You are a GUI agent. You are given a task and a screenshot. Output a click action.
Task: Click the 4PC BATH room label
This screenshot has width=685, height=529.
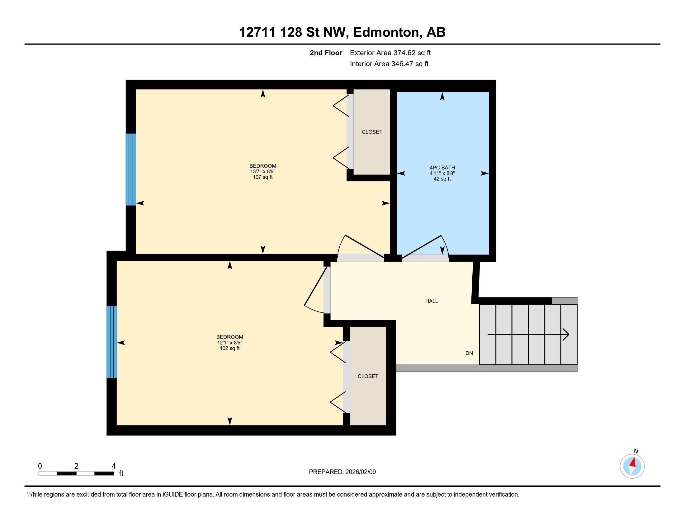tap(442, 168)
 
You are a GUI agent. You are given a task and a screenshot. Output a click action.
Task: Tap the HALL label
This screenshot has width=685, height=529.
tap(432, 301)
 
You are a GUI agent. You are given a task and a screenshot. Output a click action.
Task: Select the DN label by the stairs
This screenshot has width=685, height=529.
tap(469, 353)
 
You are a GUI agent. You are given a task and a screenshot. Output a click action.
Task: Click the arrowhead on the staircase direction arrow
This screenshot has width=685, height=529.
tap(566, 335)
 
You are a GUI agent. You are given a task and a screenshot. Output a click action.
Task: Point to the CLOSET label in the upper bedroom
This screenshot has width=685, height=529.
tap(372, 132)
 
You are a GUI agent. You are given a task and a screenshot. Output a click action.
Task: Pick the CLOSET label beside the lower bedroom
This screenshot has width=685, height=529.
tap(368, 376)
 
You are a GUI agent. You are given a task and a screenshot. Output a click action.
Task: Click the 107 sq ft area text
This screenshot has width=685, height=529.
tap(263, 177)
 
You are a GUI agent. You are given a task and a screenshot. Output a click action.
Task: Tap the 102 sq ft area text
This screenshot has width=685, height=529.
tap(229, 348)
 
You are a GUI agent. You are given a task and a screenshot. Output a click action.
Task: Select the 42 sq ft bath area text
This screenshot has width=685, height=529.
tap(442, 179)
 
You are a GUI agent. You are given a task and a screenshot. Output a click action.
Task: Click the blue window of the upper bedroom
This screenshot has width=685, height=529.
tap(131, 170)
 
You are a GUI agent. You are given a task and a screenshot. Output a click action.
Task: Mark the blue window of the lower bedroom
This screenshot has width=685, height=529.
tap(112, 342)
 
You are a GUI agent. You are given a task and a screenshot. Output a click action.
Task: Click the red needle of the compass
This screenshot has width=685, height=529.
tap(633, 462)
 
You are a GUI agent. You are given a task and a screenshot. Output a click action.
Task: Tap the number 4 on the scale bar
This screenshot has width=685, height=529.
tap(114, 466)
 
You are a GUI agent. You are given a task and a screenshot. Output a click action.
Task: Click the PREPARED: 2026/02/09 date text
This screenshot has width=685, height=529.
tap(342, 472)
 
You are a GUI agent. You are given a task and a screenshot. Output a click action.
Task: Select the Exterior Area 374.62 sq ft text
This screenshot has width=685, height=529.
tap(390, 53)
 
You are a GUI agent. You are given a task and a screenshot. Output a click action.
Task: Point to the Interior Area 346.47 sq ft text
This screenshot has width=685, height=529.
tap(389, 64)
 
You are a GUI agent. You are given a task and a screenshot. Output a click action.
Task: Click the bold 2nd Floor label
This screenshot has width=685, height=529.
tap(326, 53)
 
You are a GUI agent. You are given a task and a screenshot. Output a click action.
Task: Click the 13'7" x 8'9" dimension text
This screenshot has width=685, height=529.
tap(263, 171)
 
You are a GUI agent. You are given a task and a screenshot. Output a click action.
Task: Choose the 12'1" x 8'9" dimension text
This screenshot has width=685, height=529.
tap(229, 343)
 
